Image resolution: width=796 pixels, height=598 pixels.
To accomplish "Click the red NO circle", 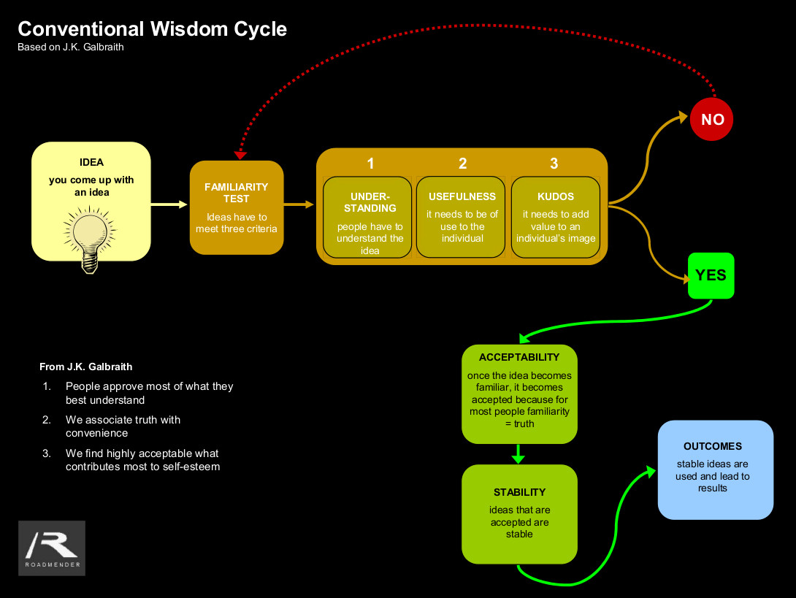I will tap(711, 119).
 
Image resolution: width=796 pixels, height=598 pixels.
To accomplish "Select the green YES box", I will tap(711, 275).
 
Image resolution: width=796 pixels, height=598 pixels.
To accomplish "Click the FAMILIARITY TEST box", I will tap(237, 207).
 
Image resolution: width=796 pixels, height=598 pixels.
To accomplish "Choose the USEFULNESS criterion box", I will tap(462, 218).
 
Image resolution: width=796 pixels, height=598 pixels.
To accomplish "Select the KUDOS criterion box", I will tap(556, 218).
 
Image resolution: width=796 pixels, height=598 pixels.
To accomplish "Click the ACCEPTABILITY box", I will tap(519, 394).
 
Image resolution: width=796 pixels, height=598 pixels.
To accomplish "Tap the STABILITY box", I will tap(519, 514).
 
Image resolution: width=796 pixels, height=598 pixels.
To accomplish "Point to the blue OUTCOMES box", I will tap(715, 469).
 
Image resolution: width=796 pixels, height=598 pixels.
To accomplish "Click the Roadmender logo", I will tap(52, 548).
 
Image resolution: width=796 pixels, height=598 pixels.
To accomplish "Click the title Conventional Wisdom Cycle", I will tap(152, 29).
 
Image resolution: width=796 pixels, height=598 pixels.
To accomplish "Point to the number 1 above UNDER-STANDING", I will tap(370, 164).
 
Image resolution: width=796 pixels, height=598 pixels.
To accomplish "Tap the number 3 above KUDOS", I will tap(554, 164).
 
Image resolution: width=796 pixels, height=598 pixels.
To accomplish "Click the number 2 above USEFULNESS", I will tap(462, 164).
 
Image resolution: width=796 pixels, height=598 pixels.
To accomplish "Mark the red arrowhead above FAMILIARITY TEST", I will tap(240, 155).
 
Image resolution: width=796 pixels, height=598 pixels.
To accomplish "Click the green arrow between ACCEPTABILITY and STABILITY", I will tap(518, 454).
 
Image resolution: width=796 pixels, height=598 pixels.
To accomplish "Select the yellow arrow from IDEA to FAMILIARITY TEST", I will tap(169, 204).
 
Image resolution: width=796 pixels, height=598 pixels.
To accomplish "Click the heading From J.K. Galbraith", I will tap(86, 367).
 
